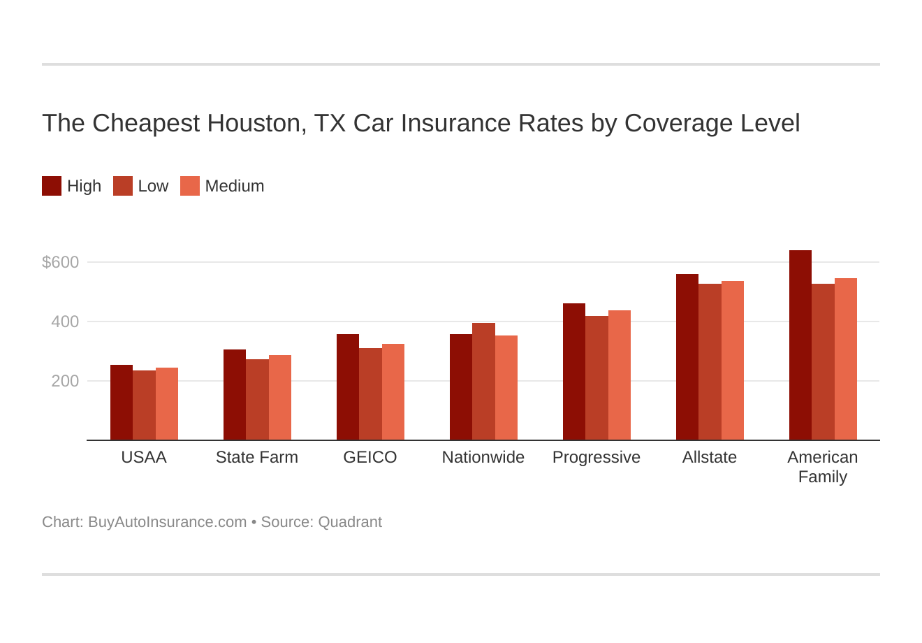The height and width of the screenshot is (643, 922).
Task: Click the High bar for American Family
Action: tap(800, 345)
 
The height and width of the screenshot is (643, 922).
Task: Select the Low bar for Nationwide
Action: tap(483, 382)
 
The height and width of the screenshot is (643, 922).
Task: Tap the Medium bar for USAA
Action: tap(167, 404)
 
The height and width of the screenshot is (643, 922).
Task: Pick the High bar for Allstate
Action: tap(687, 357)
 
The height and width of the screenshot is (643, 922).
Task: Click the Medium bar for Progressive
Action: tap(620, 375)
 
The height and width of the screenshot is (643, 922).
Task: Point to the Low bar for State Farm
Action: tap(257, 400)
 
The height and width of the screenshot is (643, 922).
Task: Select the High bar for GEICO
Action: tap(347, 387)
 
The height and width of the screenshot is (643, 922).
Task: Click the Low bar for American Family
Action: tap(823, 362)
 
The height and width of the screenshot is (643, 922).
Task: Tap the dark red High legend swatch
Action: tap(52, 186)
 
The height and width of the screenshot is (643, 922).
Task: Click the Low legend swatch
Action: tap(123, 186)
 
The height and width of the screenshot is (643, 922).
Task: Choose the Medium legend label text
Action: tap(235, 186)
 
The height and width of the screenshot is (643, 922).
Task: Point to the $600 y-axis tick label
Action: tap(61, 262)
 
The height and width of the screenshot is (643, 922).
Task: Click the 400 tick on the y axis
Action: tap(65, 321)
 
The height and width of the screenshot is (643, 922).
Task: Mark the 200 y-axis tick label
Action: tap(65, 381)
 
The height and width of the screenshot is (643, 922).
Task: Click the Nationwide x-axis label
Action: tap(483, 457)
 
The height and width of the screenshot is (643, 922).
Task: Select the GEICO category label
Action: tap(370, 457)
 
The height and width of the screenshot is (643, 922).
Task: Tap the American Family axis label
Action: tap(823, 467)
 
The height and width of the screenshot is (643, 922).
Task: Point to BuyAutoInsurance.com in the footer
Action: tap(167, 522)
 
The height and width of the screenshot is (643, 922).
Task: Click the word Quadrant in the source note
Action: tap(350, 522)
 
